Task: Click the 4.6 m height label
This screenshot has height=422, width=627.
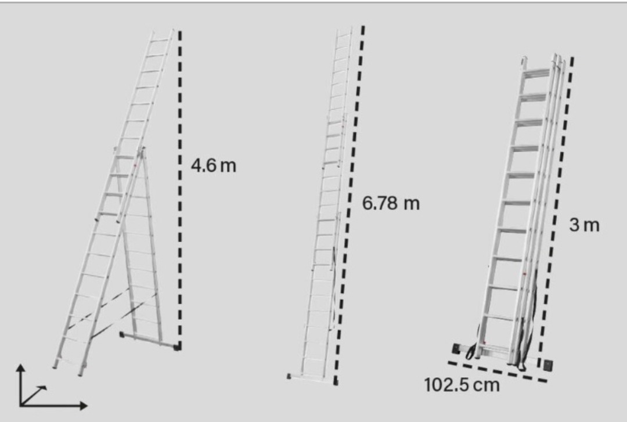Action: [x=214, y=165]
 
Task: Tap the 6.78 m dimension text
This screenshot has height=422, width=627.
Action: [x=391, y=203]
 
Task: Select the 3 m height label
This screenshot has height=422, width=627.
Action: [x=584, y=225]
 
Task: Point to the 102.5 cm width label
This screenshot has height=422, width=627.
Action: [x=462, y=385]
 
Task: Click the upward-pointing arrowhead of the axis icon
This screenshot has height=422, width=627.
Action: [x=21, y=367]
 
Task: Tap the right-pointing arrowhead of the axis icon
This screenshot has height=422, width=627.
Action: [x=83, y=406]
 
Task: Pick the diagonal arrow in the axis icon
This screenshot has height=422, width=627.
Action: [x=34, y=396]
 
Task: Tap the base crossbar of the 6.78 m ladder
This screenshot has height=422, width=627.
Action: [x=312, y=378]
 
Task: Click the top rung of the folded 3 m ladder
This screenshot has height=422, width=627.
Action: [x=536, y=73]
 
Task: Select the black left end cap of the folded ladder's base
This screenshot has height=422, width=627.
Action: [x=456, y=348]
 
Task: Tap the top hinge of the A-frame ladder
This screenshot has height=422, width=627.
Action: [x=140, y=151]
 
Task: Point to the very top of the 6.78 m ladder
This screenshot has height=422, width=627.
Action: [x=345, y=29]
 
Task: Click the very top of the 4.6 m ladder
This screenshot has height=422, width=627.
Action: [x=163, y=31]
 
